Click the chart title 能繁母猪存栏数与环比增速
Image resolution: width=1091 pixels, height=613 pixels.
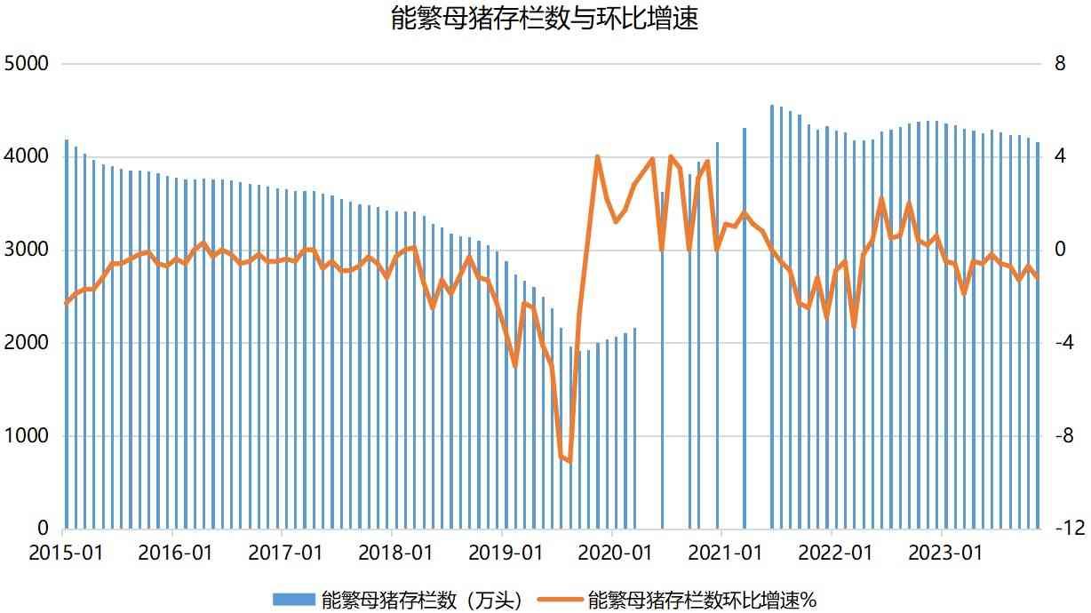click(x=545, y=19)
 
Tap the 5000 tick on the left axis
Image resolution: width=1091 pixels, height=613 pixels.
click(x=29, y=64)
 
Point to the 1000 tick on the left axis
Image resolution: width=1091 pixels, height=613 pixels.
click(x=29, y=436)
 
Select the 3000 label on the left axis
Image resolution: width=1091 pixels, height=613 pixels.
click(x=29, y=250)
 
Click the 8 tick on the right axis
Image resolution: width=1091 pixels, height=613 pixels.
click(x=1058, y=64)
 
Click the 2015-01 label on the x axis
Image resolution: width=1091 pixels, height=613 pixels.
click(x=66, y=553)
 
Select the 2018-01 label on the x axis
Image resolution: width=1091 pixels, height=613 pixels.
click(x=395, y=553)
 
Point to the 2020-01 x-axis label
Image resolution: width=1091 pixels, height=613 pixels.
click(x=615, y=553)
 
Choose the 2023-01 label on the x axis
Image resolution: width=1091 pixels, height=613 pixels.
click(x=944, y=553)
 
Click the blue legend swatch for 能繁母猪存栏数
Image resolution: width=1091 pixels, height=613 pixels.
click(x=293, y=599)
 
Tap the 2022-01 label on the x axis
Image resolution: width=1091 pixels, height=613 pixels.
click(x=834, y=553)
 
